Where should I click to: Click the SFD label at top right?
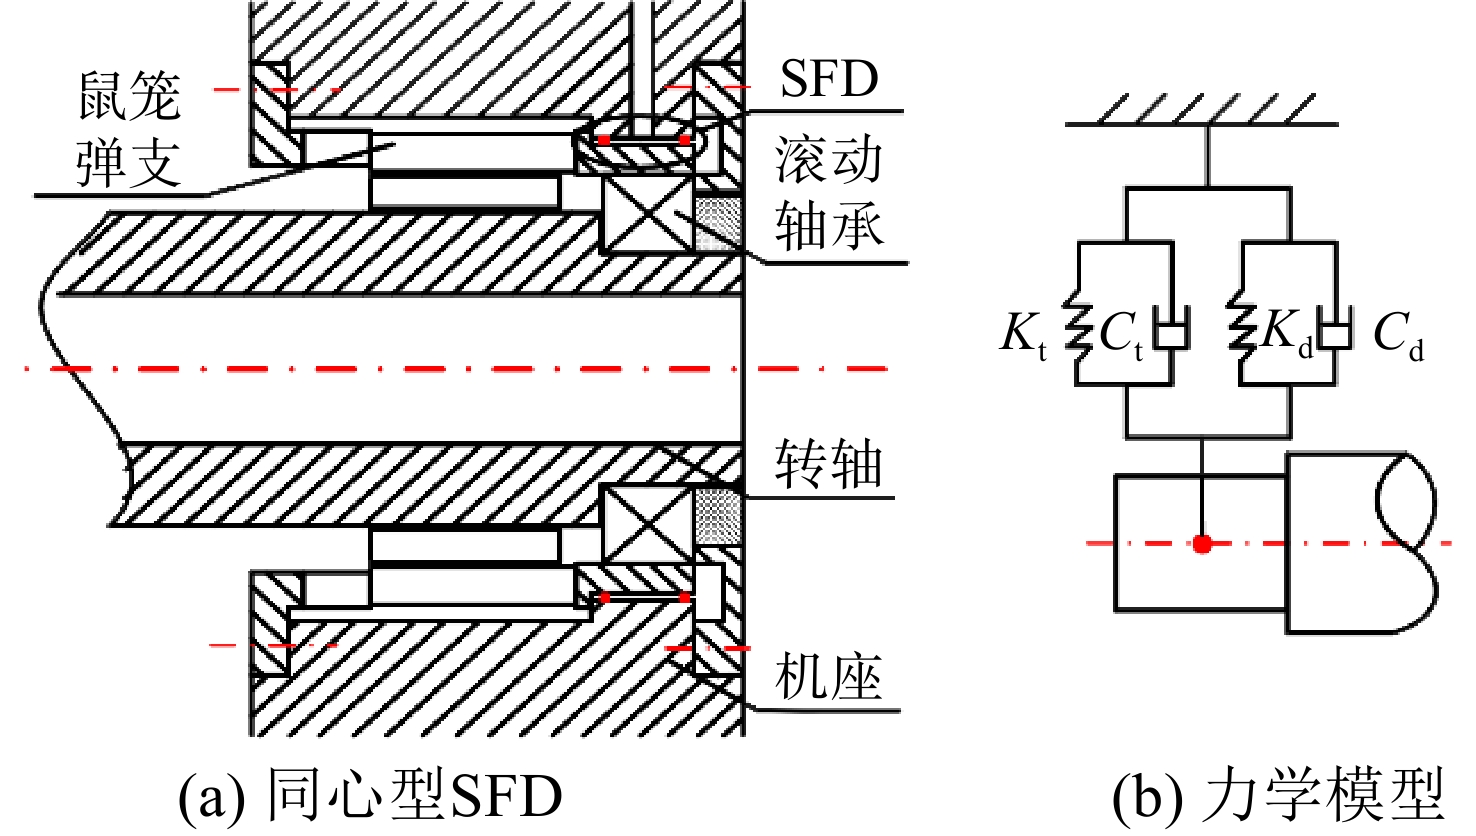tap(829, 79)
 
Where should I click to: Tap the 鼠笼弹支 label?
tap(129, 129)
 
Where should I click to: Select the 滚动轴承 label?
tap(829, 193)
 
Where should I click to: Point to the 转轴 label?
tap(828, 464)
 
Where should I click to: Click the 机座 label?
tap(828, 676)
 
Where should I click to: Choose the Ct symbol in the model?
tap(1121, 335)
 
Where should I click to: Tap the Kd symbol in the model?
tap(1287, 332)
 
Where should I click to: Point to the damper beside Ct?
tap(1172, 327)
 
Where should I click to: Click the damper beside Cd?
tap(1335, 327)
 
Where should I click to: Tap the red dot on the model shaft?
tap(1203, 544)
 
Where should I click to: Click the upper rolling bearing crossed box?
tap(647, 215)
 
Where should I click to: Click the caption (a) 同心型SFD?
tap(370, 796)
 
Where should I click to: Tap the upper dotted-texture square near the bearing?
tap(719, 224)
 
